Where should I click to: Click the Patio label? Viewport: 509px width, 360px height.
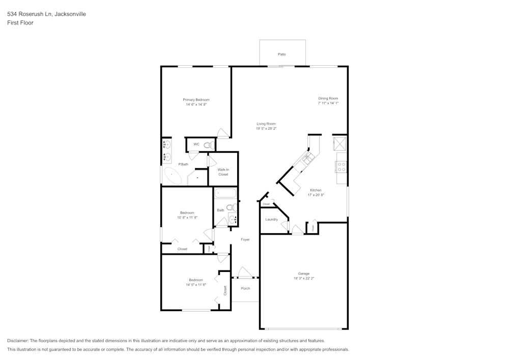pyautogui.click(x=282, y=54)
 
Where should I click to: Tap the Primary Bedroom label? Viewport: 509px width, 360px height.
pyautogui.click(x=196, y=100)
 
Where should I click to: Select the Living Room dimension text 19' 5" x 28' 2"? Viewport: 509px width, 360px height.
pyautogui.click(x=266, y=129)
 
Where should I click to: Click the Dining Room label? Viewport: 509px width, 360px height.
pyautogui.click(x=328, y=98)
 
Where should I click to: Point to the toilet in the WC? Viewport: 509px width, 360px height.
pyautogui.click(x=207, y=145)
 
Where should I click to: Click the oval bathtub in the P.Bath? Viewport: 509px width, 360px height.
pyautogui.click(x=173, y=177)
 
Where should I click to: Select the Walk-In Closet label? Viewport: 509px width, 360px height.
pyautogui.click(x=223, y=172)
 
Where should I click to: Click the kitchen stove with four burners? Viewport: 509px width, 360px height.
pyautogui.click(x=341, y=166)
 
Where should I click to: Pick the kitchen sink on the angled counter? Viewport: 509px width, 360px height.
pyautogui.click(x=307, y=159)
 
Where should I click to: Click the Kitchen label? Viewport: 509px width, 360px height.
pyautogui.click(x=316, y=190)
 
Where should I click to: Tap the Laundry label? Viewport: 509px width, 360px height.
pyautogui.click(x=271, y=219)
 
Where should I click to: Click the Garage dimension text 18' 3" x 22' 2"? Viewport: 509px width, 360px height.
pyautogui.click(x=304, y=279)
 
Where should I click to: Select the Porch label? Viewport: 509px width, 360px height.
pyautogui.click(x=245, y=288)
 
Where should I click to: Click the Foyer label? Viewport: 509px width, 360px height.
pyautogui.click(x=245, y=239)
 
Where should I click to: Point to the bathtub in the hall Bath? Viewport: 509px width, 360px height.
pyautogui.click(x=225, y=193)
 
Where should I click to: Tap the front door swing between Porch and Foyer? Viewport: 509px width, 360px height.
pyautogui.click(x=245, y=273)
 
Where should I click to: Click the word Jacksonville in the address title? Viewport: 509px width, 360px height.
pyautogui.click(x=70, y=14)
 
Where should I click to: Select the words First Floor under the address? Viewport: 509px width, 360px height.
pyautogui.click(x=20, y=23)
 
